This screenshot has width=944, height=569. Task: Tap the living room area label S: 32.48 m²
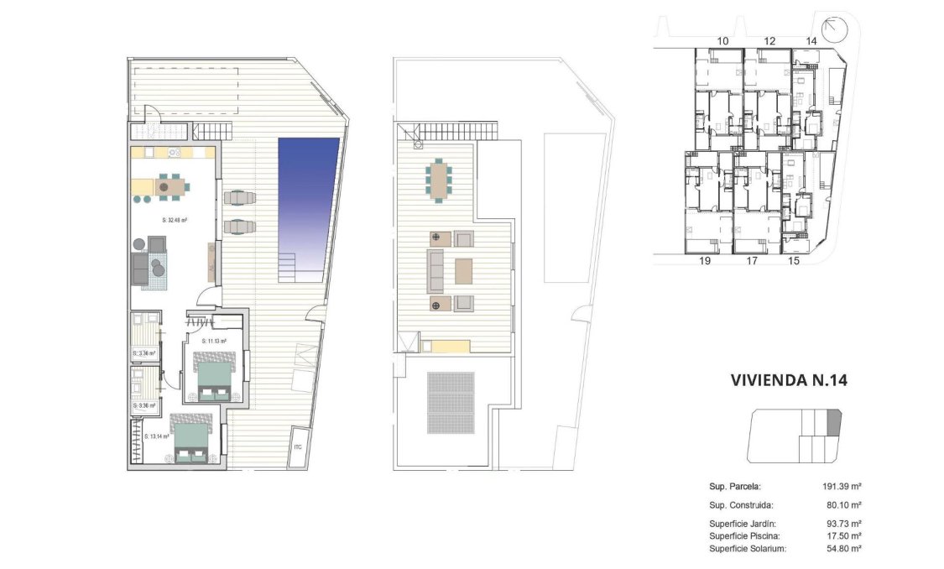(x=174, y=220)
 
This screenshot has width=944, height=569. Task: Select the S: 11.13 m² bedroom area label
(x=215, y=342)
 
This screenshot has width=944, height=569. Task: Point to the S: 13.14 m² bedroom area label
(x=156, y=436)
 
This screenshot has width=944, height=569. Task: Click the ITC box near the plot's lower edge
(x=298, y=446)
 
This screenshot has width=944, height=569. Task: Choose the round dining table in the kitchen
(x=164, y=186)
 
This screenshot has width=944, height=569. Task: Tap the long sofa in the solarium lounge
(x=436, y=270)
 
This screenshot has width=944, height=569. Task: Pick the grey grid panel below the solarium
(x=451, y=402)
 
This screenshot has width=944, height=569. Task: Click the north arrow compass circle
(x=835, y=29)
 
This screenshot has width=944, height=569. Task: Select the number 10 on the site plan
(x=722, y=40)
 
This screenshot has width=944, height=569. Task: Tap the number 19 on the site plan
(x=704, y=262)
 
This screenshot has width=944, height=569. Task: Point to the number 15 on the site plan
(x=794, y=262)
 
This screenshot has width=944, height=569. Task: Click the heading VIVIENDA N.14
(x=790, y=380)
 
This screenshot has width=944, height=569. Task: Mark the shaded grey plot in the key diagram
(x=833, y=421)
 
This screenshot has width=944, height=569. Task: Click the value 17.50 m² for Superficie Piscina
(x=843, y=535)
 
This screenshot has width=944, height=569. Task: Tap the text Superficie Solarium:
(x=748, y=548)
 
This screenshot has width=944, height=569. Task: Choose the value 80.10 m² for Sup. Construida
(x=843, y=505)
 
